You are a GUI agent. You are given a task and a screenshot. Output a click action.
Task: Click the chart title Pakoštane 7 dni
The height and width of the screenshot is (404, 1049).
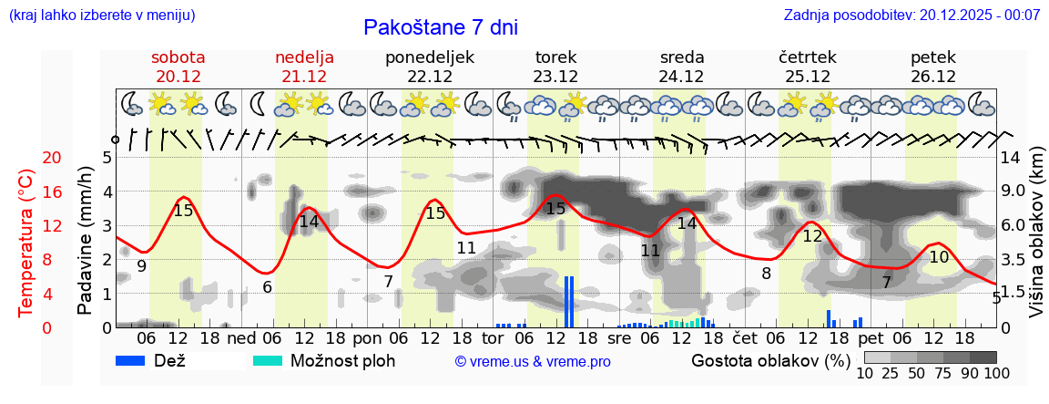(x=441, y=27)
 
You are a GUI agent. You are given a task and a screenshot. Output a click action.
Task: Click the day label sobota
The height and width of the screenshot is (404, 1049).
(x=178, y=57)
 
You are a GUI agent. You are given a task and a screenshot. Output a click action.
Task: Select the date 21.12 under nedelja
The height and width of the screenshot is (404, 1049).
(x=304, y=77)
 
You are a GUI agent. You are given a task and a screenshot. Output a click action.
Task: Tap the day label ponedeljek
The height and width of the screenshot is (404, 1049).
(x=430, y=57)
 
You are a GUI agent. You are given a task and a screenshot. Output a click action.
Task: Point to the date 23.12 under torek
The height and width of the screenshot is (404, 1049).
(x=555, y=77)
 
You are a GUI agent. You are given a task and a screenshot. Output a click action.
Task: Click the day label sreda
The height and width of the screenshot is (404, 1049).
(x=682, y=57)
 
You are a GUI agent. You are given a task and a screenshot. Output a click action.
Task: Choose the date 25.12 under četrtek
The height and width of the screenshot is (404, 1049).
(x=808, y=77)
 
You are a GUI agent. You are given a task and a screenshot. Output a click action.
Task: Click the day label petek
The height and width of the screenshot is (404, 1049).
(x=933, y=57)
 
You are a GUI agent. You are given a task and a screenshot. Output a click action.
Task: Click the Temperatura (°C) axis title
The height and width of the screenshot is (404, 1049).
(x=27, y=243)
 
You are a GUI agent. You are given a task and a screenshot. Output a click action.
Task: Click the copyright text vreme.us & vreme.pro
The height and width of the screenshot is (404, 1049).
(x=533, y=362)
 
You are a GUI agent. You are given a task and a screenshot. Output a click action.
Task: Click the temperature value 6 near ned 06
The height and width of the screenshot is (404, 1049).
(x=267, y=286)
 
